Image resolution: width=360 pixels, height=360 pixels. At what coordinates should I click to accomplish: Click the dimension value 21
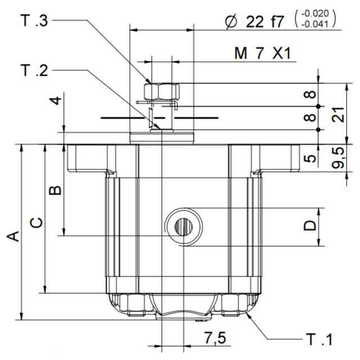pyautogui.click(x=338, y=115)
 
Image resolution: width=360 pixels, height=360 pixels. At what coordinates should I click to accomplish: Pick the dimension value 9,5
pyautogui.click(x=338, y=159)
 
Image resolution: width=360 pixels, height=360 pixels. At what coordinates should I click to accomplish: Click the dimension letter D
pyautogui.click(x=310, y=226)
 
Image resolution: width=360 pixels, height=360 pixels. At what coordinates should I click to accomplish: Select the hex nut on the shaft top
pyautogui.click(x=161, y=91)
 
